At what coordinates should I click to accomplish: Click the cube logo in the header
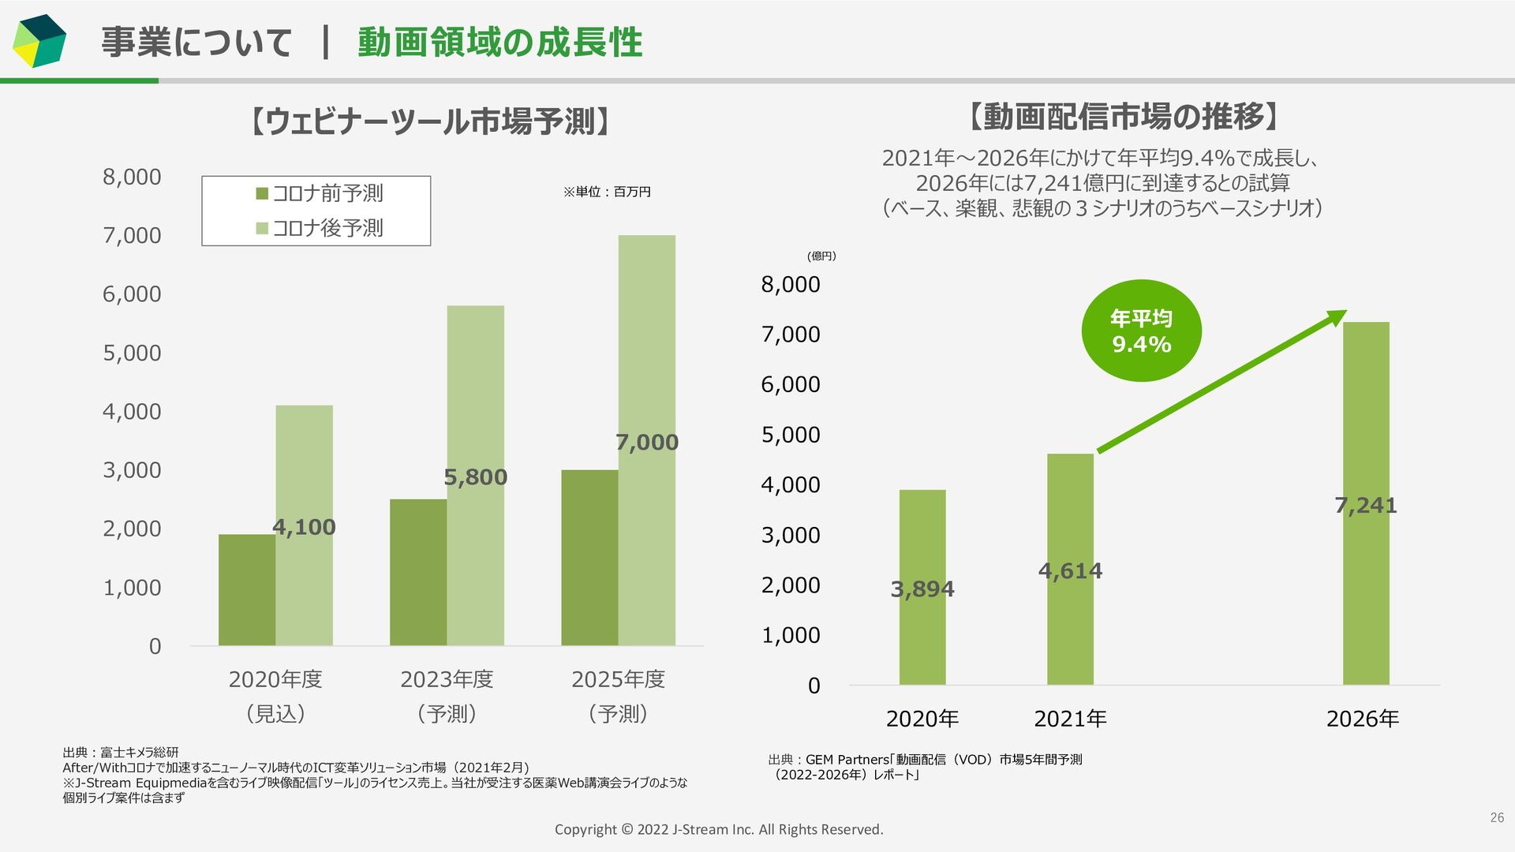click(39, 41)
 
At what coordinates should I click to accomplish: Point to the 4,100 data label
click(304, 527)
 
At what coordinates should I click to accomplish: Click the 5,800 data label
click(475, 477)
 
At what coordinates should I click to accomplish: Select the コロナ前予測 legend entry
click(320, 193)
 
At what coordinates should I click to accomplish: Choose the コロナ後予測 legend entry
click(320, 228)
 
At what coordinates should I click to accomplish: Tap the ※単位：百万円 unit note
click(606, 192)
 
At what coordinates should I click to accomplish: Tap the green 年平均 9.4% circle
click(1141, 331)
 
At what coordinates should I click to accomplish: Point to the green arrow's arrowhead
click(1337, 317)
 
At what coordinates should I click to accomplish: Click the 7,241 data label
click(1366, 506)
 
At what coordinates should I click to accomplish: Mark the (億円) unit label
click(821, 256)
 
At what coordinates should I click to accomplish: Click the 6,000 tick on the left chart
click(132, 294)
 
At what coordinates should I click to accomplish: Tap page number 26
click(1497, 818)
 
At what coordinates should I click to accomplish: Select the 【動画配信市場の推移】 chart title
click(1124, 117)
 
